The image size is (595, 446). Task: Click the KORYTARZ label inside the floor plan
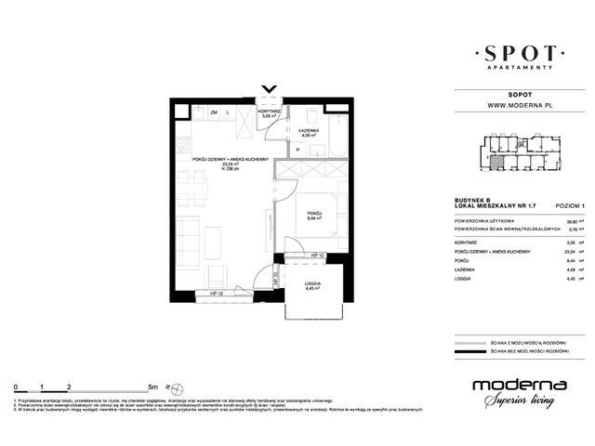[270, 112]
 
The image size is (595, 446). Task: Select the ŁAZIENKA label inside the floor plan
[311, 131]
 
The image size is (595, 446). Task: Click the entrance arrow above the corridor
[269, 91]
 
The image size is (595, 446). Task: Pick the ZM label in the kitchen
[213, 113]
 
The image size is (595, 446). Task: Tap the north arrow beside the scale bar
[167, 385]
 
